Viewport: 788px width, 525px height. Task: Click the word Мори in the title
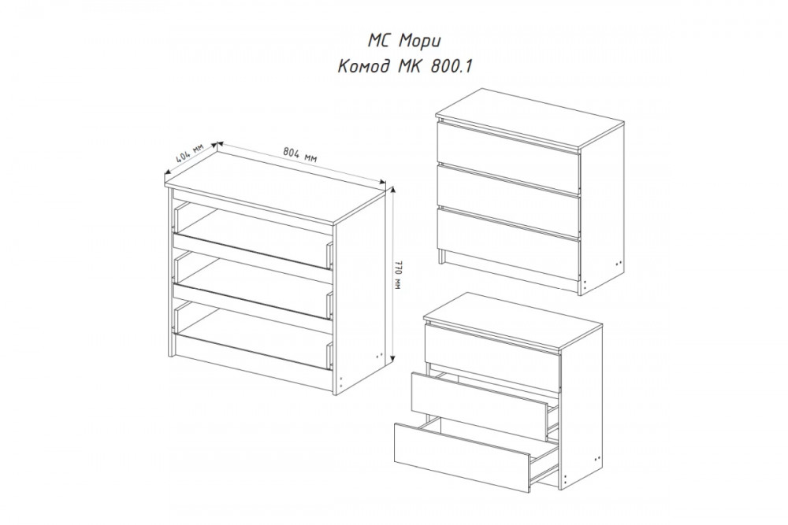click(x=420, y=41)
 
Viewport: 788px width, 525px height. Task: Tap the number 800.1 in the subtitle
click(x=452, y=66)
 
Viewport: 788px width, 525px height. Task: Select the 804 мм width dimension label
click(x=300, y=153)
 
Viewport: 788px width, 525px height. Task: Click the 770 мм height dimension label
click(x=399, y=275)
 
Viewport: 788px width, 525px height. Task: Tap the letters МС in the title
click(x=380, y=41)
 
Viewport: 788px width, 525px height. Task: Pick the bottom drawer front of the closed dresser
click(x=508, y=235)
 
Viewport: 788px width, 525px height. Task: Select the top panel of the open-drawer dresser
click(x=513, y=320)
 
